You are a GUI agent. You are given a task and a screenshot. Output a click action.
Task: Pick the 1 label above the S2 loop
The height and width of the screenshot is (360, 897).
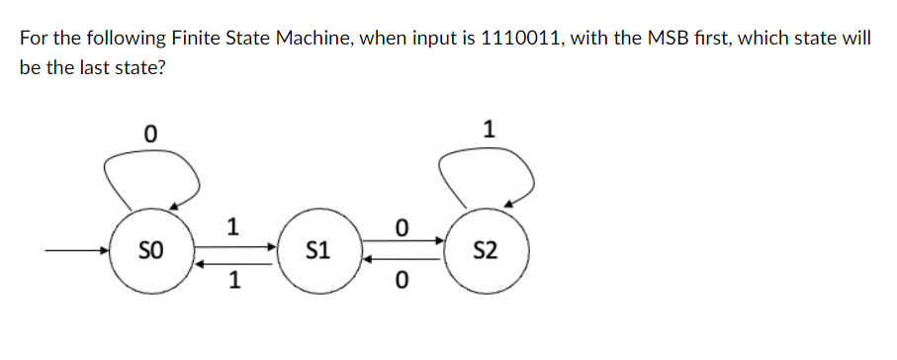[488, 129]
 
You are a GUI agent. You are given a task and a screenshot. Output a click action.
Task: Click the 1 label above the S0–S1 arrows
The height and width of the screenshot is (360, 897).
[232, 226]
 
